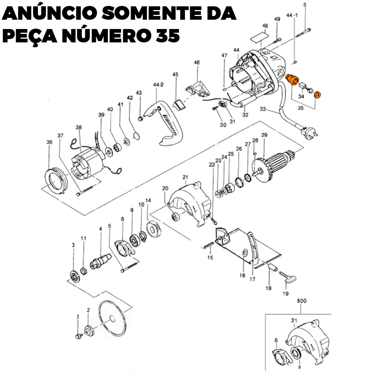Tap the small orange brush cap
point(317,94)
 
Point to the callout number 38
point(78,127)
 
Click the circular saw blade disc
point(112,319)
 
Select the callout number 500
point(302,301)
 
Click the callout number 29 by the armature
point(264,135)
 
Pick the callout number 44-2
point(158,85)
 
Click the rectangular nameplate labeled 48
point(260,37)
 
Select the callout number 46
point(197,62)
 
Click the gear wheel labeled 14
point(154,229)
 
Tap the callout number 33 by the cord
point(263,109)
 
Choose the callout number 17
point(253,279)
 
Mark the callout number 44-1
point(292,15)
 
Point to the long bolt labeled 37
point(84,191)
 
